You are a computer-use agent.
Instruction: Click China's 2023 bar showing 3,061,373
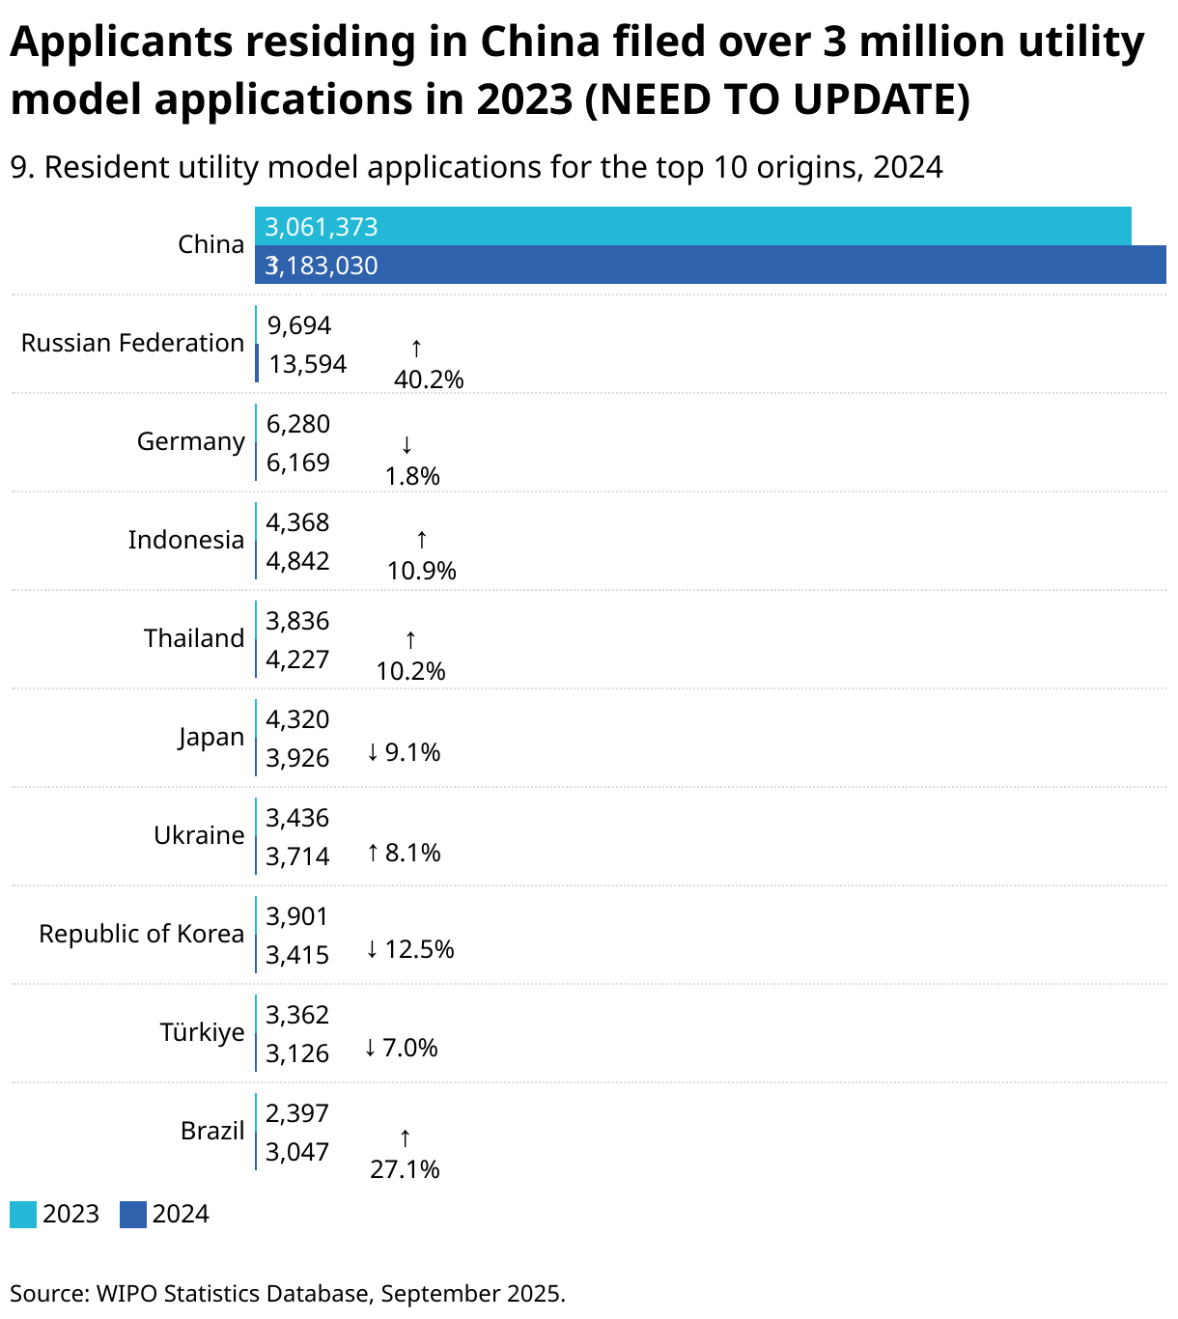pos(692,227)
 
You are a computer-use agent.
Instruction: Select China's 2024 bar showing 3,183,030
pos(710,266)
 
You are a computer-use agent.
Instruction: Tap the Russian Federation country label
pos(132,343)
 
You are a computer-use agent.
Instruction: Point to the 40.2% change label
pos(429,379)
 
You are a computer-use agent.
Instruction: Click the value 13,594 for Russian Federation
pos(308,364)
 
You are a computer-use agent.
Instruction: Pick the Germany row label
pos(190,441)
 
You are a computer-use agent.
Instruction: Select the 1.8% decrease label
pos(412,476)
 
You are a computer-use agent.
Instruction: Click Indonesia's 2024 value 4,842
pos(298,561)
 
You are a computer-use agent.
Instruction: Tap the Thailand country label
pos(194,638)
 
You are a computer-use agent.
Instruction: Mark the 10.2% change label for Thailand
pos(410,671)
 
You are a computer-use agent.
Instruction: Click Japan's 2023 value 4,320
pos(298,719)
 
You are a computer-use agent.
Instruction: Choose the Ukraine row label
pos(199,835)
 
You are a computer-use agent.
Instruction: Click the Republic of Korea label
pos(141,934)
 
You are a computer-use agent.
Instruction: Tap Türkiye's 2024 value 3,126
pos(298,1053)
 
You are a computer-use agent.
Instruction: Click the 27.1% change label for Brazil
pos(405,1169)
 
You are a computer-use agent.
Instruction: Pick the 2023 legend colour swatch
pos(23,1215)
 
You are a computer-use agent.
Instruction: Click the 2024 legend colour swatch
pos(133,1215)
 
